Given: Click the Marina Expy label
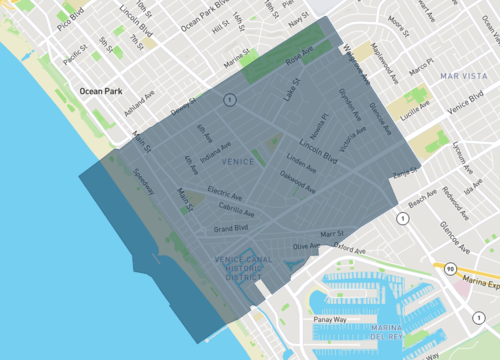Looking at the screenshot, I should point(475,269).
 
